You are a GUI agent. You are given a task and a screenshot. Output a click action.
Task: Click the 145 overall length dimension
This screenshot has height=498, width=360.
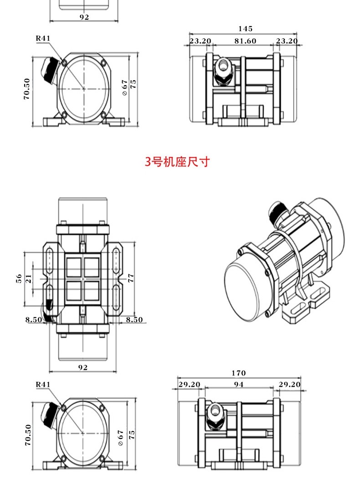pos(245,29)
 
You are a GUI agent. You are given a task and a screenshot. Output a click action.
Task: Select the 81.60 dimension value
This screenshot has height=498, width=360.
pos(245,41)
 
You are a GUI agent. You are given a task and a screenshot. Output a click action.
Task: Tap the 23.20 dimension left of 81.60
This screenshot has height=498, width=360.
pos(201,41)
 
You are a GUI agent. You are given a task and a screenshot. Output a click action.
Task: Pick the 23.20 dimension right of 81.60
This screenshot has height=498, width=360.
pos(287,41)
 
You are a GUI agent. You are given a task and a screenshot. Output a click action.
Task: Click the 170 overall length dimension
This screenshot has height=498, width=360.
pos(238,373)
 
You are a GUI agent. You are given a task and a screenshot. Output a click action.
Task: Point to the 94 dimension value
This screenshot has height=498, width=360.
pos(238,384)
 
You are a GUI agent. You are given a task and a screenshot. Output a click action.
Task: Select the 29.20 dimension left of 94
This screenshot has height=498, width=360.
pos(189,384)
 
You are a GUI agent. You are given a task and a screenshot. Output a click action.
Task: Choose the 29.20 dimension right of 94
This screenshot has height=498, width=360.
pos(289,384)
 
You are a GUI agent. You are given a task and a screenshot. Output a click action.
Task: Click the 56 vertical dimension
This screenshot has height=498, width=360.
pos(19,279)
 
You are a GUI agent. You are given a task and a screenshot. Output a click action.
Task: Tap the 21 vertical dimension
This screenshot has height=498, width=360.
pos(29,279)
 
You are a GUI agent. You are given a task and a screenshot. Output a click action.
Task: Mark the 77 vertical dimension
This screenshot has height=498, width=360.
pos(131,278)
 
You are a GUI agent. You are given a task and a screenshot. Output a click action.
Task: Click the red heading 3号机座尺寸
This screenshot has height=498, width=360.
pos(177,162)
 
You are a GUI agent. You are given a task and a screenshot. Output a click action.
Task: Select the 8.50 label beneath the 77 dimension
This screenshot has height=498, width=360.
pos(134,320)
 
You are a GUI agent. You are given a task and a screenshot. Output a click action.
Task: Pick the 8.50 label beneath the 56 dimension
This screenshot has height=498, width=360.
pos(34,320)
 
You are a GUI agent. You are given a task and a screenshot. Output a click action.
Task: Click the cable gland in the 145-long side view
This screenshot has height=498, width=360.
pos(223,71)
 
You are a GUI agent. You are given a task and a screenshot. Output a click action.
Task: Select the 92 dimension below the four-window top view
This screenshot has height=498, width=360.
pos(83,368)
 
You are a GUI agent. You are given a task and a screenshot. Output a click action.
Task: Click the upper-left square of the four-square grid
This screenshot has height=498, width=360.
pos(74,267)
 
